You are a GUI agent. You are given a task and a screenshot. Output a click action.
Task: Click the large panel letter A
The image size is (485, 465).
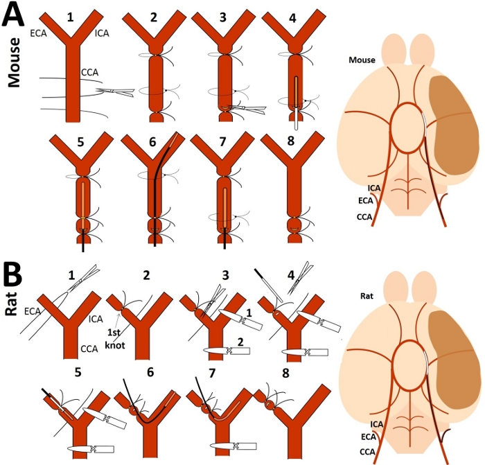point(15,15)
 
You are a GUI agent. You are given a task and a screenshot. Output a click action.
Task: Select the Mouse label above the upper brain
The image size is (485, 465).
point(362,60)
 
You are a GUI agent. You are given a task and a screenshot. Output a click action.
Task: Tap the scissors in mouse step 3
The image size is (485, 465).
point(247,107)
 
